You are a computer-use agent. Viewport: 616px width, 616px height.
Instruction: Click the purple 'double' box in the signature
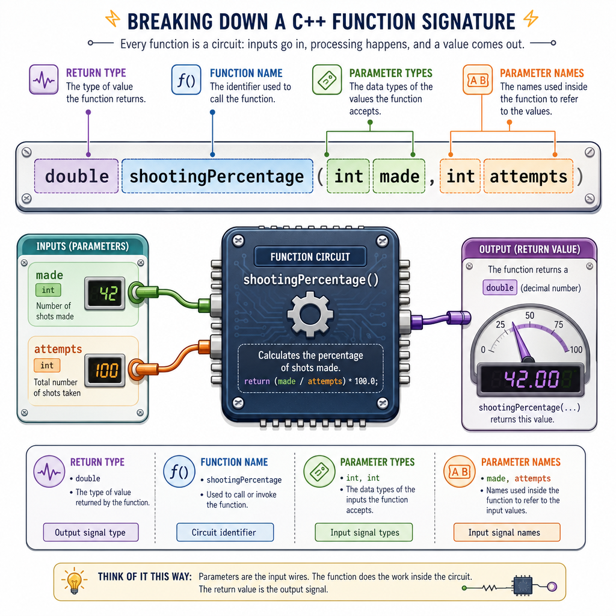[76, 176]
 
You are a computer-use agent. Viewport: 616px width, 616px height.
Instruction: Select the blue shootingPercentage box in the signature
[217, 176]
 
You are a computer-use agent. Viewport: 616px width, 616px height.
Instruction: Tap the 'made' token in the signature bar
[399, 176]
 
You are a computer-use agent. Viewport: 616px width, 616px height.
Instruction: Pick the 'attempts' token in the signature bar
[528, 176]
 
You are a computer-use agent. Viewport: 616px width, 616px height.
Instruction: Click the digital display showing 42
[105, 294]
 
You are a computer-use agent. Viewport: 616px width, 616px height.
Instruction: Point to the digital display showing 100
[105, 370]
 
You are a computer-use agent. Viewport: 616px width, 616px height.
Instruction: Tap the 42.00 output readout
[531, 380]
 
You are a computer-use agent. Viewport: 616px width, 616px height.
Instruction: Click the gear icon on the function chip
[310, 314]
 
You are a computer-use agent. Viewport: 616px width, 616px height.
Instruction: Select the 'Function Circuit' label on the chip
[310, 257]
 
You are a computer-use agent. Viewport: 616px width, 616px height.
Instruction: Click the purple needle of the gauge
[521, 342]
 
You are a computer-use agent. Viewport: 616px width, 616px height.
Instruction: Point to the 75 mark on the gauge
[559, 324]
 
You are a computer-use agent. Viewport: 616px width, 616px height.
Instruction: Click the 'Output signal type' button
[91, 532]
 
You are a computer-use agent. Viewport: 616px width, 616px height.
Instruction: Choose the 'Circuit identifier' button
[225, 532]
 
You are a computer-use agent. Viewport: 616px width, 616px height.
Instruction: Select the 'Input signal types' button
[364, 532]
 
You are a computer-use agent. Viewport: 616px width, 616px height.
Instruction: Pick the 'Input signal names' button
[507, 532]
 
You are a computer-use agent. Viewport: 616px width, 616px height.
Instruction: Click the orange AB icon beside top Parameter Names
[478, 80]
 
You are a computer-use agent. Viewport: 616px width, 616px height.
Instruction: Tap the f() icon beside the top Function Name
[186, 80]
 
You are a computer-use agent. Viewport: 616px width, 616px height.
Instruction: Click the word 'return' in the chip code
[257, 381]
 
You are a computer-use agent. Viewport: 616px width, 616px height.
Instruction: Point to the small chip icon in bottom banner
[523, 587]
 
